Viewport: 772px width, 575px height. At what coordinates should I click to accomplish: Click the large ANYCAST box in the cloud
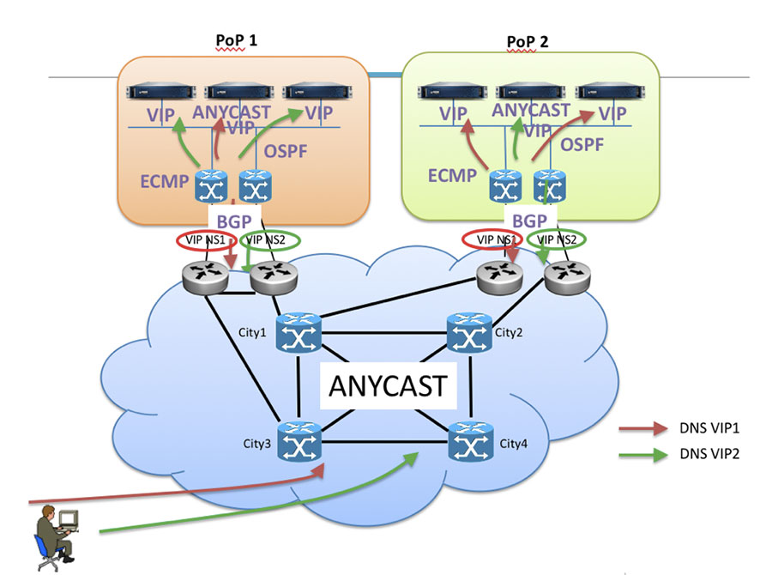click(x=387, y=385)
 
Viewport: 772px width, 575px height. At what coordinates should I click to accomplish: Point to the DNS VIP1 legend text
click(x=709, y=428)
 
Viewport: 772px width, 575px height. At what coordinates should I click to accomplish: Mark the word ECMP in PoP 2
click(x=452, y=175)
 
